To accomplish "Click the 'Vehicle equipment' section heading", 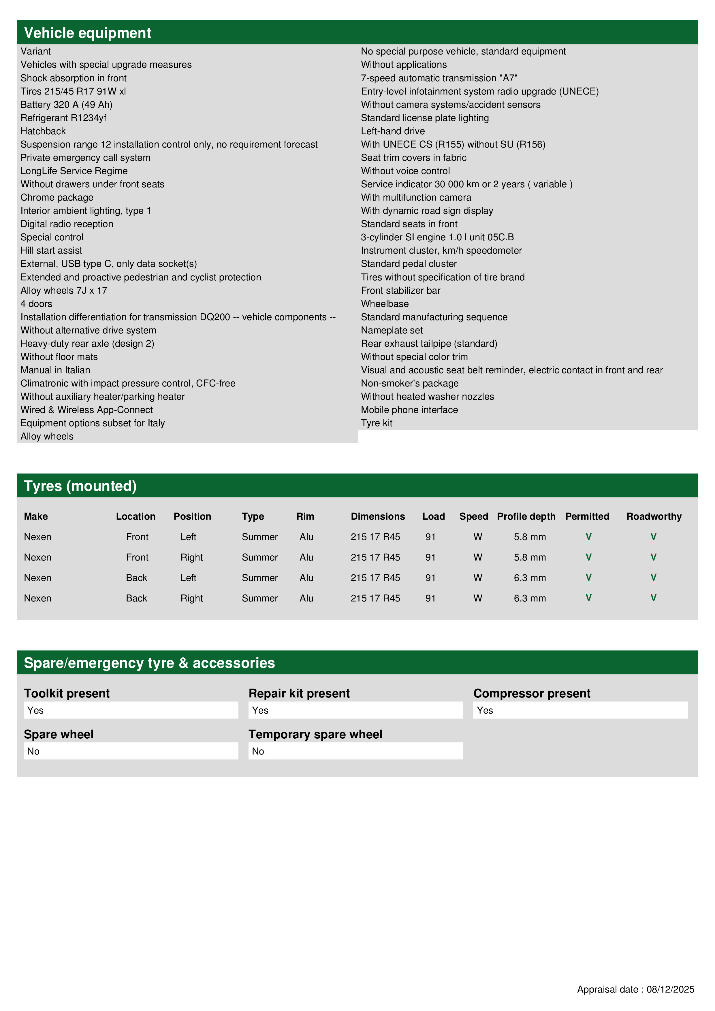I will pyautogui.click(x=87, y=33).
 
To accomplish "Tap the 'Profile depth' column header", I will pyautogui.click(x=526, y=516).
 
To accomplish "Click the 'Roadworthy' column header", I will pyautogui.click(x=654, y=516).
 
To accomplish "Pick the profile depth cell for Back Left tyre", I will pyautogui.click(x=530, y=578).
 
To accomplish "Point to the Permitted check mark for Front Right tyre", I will pyautogui.click(x=588, y=557).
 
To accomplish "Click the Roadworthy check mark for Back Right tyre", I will pyautogui.click(x=653, y=598).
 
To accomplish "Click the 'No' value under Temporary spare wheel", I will pyautogui.click(x=258, y=751).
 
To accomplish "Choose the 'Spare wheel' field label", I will pyautogui.click(x=59, y=734).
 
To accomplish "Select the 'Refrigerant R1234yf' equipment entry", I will pyautogui.click(x=63, y=118).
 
